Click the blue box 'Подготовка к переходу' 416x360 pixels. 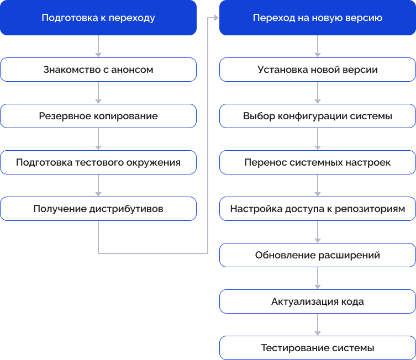98,18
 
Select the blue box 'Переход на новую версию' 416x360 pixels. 318,18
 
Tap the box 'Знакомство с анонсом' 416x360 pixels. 98,70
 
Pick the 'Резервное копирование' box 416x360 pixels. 98,116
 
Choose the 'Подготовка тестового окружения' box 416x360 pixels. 98,162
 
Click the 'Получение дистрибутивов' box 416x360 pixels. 98,209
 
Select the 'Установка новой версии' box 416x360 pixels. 318,70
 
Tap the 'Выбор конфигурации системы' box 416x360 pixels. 318,116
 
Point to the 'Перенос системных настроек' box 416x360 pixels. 318,162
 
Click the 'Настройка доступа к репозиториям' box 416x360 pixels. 318,209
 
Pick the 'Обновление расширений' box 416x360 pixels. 318,255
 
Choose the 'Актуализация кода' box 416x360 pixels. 318,301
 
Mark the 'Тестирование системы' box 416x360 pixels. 318,348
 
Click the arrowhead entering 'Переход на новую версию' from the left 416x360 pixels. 216,18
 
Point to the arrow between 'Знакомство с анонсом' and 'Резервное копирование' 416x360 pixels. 98,93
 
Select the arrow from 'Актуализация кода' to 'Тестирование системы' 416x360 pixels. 318,325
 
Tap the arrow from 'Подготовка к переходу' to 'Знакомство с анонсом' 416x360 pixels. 98,46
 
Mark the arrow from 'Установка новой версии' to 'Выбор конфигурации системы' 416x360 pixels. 318,93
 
